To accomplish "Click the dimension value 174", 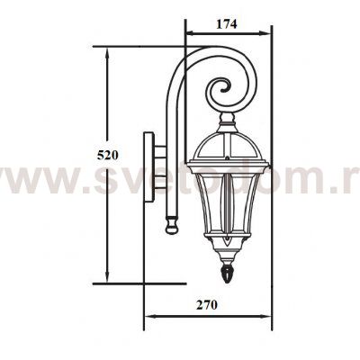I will (226, 24).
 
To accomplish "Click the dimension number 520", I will (107, 155).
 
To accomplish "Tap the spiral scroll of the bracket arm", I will (221, 89).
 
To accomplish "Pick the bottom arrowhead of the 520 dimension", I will (107, 280).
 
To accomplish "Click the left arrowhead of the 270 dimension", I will (149, 316).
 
